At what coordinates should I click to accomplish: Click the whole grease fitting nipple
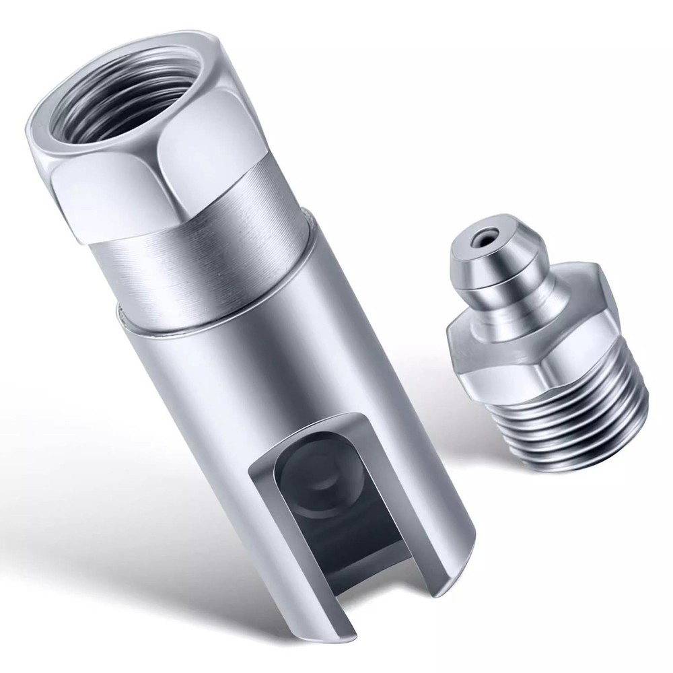538,350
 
